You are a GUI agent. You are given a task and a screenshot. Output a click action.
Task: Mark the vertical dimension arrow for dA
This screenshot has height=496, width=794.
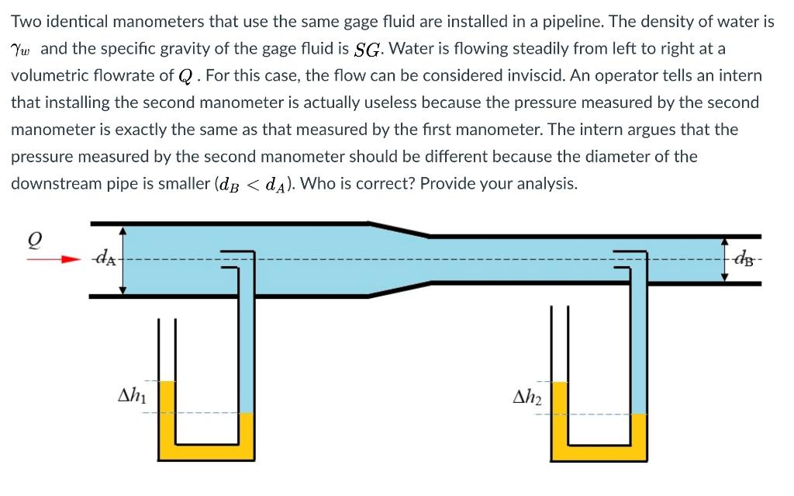122,260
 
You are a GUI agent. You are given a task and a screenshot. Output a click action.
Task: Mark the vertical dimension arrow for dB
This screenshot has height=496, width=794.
724,258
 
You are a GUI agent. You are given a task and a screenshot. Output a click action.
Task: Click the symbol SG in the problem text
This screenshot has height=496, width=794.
368,50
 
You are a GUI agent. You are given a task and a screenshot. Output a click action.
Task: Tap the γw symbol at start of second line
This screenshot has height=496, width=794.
22,50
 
